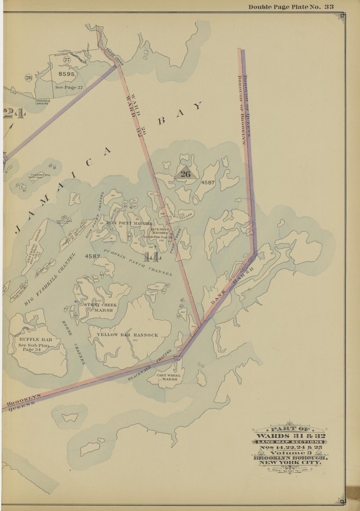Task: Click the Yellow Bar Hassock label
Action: [127, 335]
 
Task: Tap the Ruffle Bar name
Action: [31, 340]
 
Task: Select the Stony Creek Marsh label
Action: [100, 307]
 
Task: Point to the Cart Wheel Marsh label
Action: [168, 377]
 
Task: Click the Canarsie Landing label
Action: [42, 102]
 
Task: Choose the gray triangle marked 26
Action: [186, 174]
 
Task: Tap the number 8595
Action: [66, 74]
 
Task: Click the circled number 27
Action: [67, 59]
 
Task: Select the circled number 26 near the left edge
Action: [28, 78]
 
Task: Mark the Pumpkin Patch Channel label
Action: [138, 262]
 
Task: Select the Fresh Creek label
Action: [115, 56]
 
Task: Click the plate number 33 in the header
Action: [329, 7]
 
